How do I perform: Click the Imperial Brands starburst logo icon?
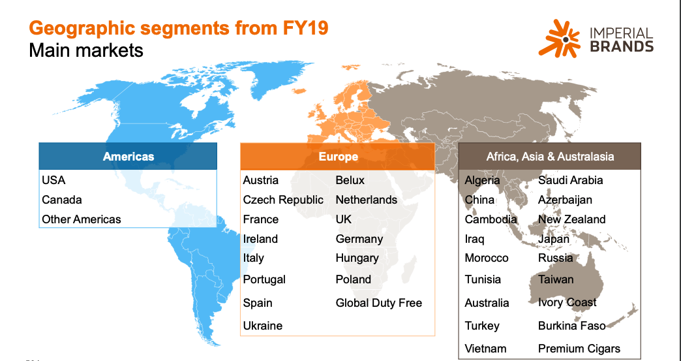point(560,39)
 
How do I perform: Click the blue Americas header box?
point(128,157)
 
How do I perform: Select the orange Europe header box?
point(337,157)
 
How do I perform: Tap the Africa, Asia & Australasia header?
point(550,157)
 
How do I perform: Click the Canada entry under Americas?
point(62,200)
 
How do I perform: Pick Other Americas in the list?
point(82,219)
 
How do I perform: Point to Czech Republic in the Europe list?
point(283,200)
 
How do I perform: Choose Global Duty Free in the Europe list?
point(379,303)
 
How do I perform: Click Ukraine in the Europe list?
point(263,326)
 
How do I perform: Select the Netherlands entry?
point(367,200)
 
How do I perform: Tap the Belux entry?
point(350,180)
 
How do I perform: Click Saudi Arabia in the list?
point(570,180)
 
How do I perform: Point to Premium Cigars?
point(579,349)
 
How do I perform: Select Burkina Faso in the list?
point(571,326)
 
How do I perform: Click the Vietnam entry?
point(485,349)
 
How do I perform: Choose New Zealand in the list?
point(571,219)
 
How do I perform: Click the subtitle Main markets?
point(86,50)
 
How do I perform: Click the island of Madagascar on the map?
point(409,270)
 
